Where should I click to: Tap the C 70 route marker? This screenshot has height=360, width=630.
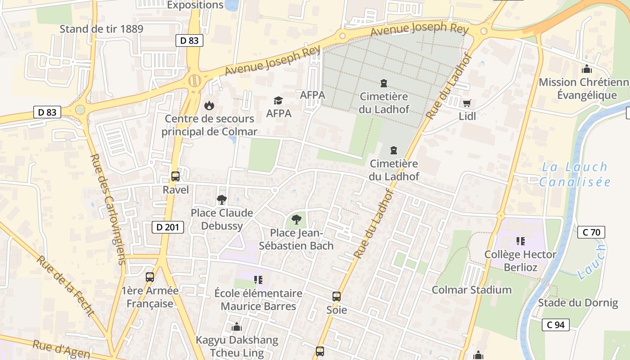(x=591, y=232)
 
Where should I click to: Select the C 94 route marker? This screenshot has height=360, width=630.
(x=555, y=324)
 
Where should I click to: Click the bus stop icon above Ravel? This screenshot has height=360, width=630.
(x=175, y=176)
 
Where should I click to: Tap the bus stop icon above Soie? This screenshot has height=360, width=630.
(x=337, y=296)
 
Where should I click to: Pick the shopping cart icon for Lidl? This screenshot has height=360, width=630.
(x=467, y=103)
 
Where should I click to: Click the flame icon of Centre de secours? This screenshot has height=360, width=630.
(x=209, y=106)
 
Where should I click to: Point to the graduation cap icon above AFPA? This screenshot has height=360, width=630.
(x=279, y=100)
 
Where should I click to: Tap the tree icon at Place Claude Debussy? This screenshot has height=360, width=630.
(x=221, y=199)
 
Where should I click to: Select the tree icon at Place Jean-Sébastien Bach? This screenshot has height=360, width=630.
(x=296, y=220)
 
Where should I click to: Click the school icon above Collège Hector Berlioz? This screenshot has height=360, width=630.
(x=521, y=241)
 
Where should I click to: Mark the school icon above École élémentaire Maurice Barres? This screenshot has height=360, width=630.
(x=258, y=280)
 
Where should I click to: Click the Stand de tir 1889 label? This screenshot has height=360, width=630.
(x=101, y=29)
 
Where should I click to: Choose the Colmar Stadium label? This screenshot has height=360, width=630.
(x=472, y=290)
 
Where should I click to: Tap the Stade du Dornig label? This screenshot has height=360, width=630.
(x=578, y=303)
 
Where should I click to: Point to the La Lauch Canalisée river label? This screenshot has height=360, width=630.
(x=575, y=175)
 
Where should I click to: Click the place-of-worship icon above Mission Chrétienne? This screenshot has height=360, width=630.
(x=586, y=69)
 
